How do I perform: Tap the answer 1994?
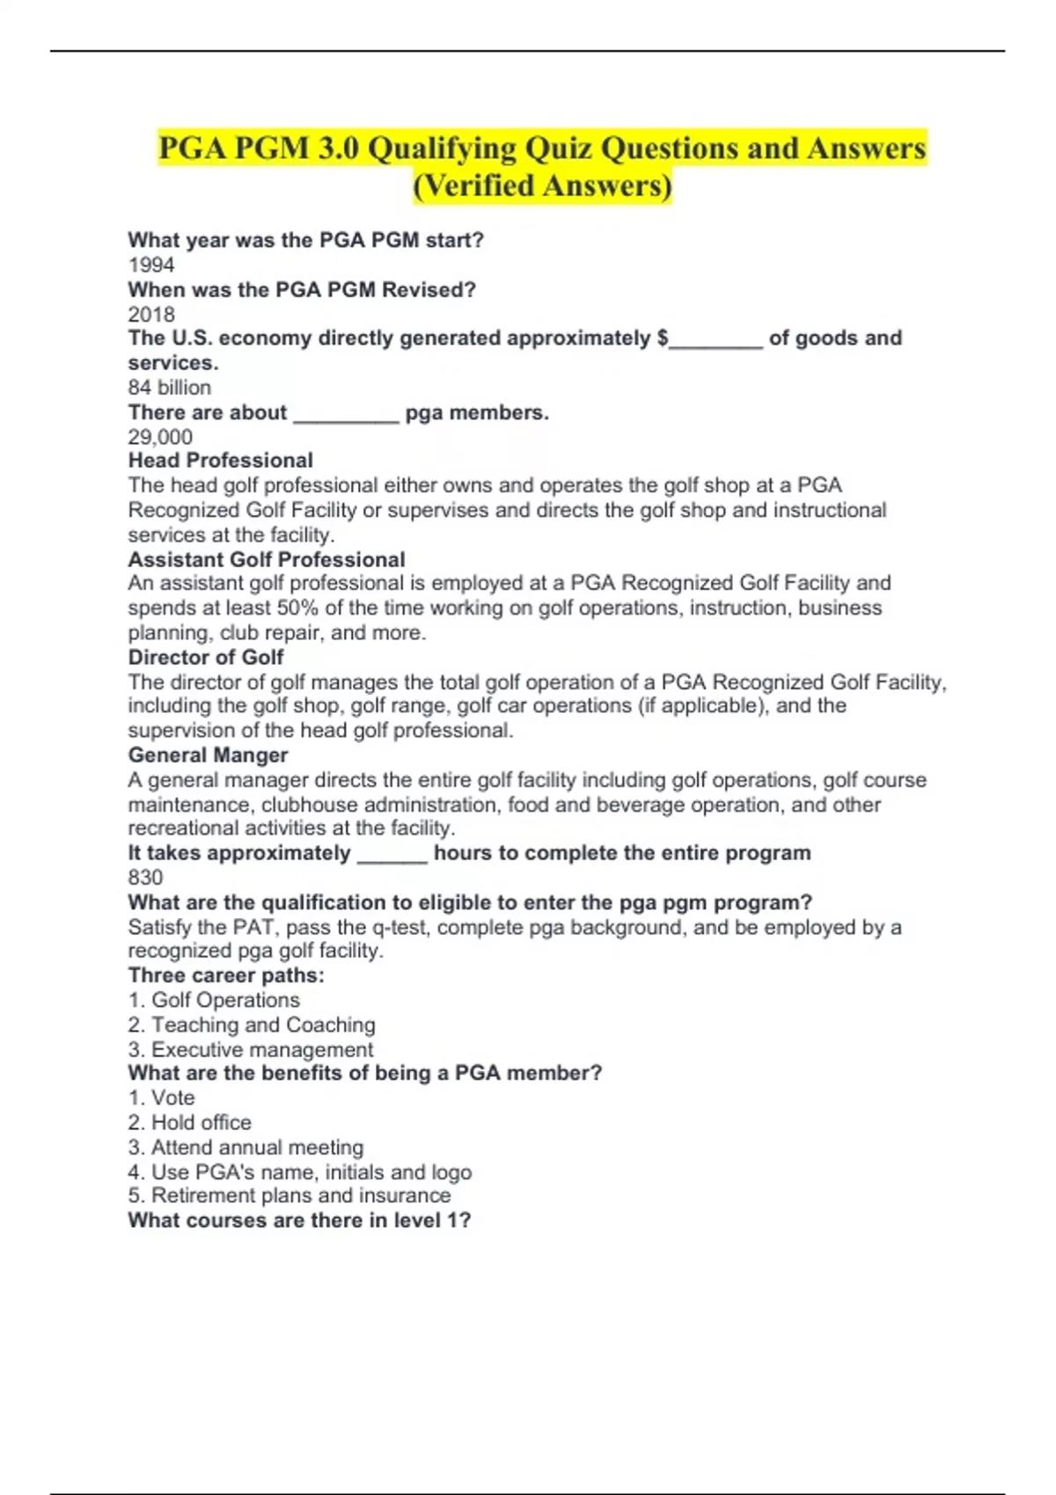tap(151, 265)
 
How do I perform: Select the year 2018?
tap(151, 314)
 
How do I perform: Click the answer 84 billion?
tap(170, 388)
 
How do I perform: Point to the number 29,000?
tap(160, 437)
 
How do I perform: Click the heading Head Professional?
tap(221, 461)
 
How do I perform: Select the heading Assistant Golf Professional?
tap(267, 559)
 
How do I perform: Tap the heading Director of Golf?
tap(206, 658)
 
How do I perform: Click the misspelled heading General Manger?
tap(208, 755)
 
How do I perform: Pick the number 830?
tap(145, 878)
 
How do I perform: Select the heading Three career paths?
tap(226, 975)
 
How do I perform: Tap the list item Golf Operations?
tap(225, 1000)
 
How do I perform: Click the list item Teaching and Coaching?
tap(263, 1025)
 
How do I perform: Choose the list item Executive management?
tap(262, 1049)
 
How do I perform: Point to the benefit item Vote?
tap(172, 1098)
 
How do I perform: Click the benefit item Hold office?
tap(201, 1122)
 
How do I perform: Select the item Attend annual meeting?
tap(257, 1147)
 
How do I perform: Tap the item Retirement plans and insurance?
tap(301, 1196)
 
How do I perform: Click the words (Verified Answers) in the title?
tap(542, 186)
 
